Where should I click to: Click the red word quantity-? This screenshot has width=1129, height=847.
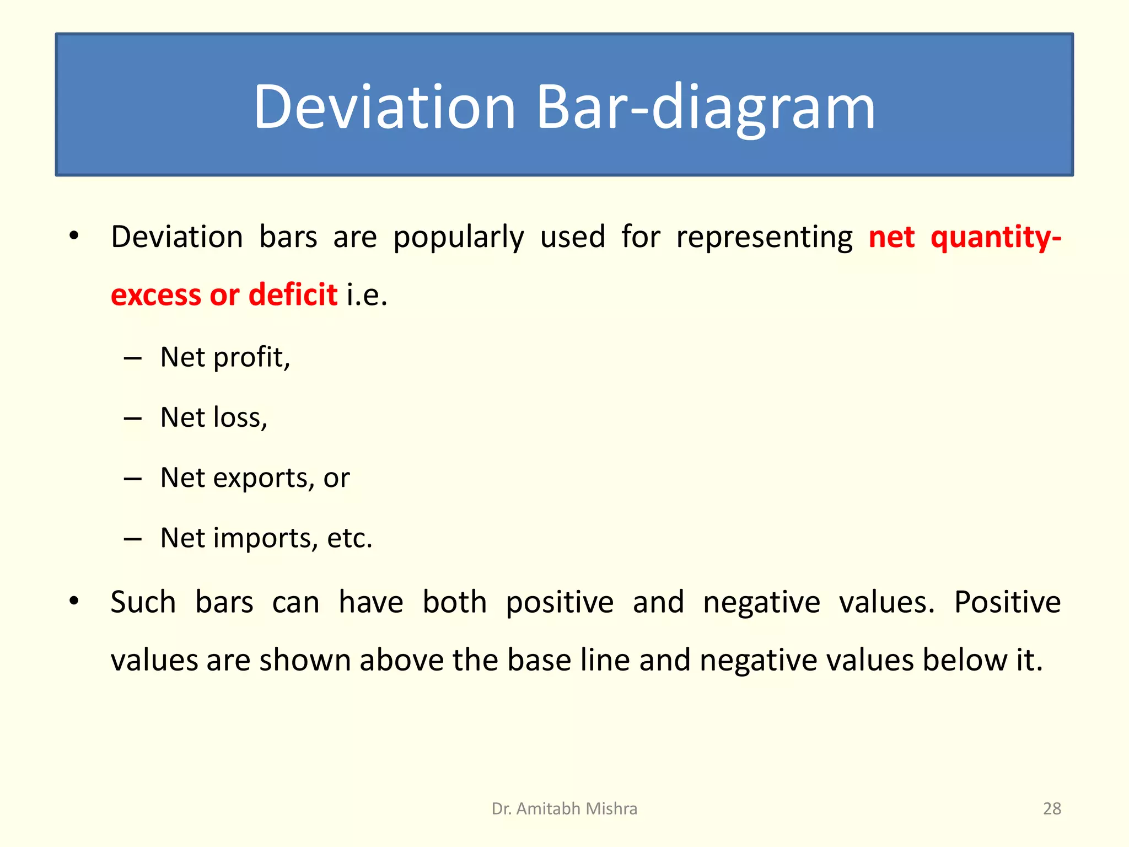tap(996, 237)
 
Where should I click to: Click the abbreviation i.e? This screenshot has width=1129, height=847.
tap(367, 294)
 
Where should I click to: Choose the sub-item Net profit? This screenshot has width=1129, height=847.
tap(225, 357)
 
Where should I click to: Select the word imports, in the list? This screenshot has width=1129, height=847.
tap(266, 538)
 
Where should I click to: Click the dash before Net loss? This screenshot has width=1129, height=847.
tap(132, 419)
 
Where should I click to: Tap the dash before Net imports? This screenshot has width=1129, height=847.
tap(132, 539)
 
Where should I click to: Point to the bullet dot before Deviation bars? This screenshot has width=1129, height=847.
tap(74, 236)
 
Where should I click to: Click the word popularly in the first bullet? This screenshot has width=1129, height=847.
tap(458, 238)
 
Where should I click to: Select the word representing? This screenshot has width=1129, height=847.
tap(764, 238)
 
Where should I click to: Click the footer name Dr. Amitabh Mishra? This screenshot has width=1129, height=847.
tap(564, 808)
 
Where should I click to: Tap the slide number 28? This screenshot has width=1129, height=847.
tap(1052, 808)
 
